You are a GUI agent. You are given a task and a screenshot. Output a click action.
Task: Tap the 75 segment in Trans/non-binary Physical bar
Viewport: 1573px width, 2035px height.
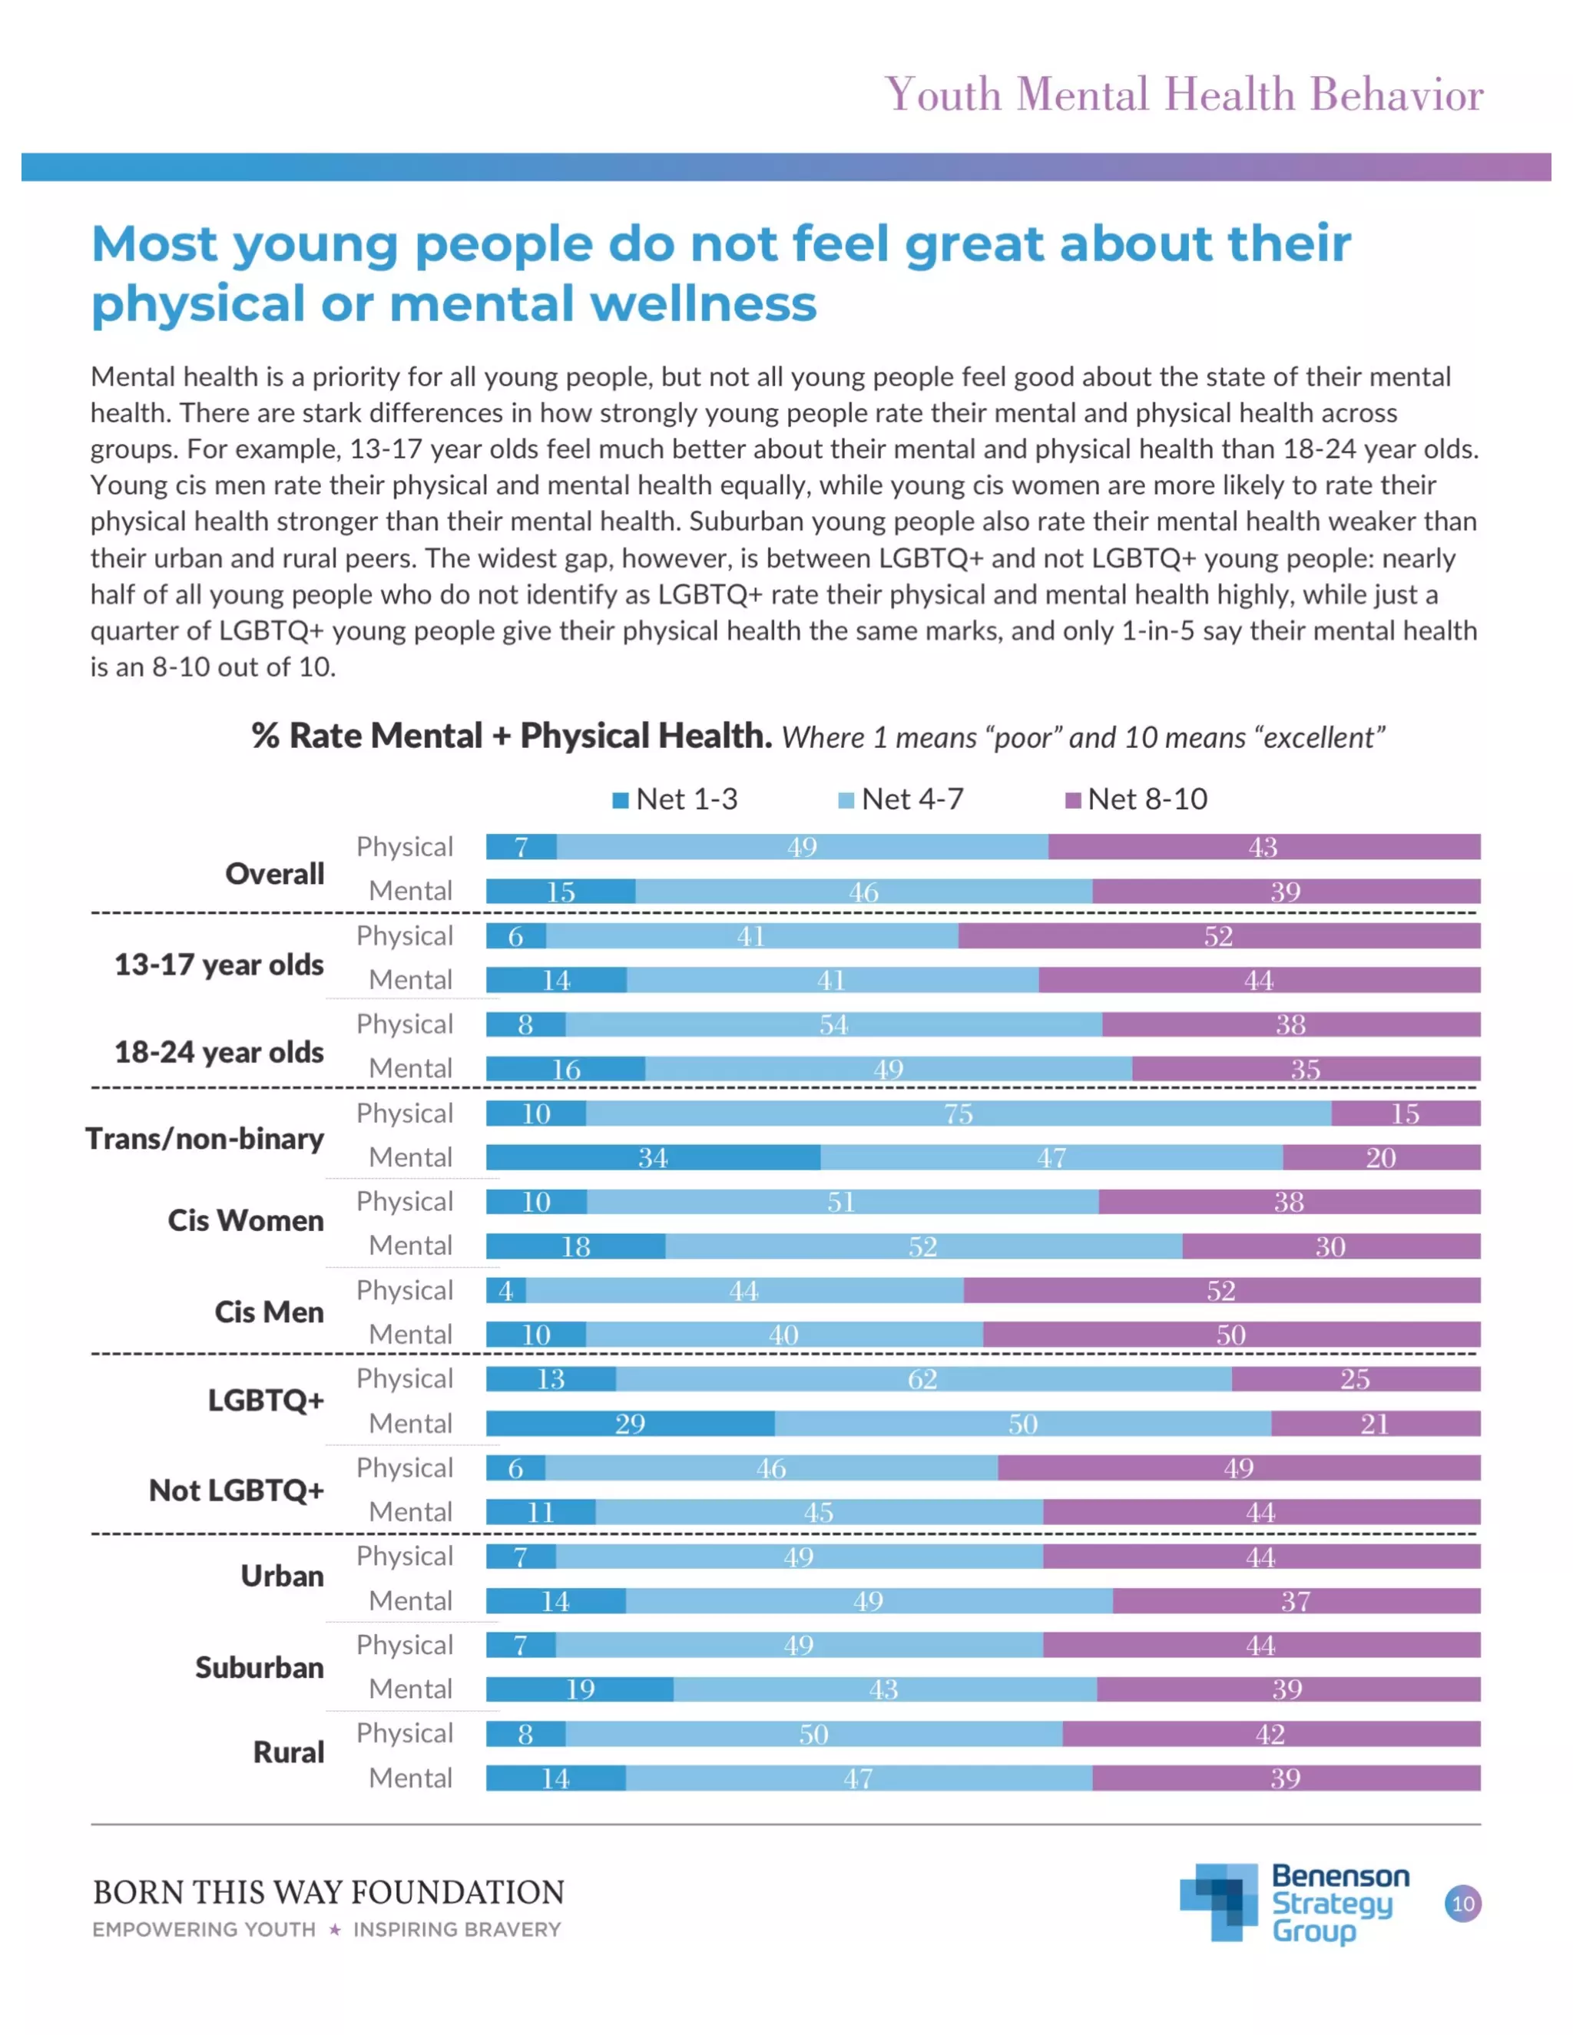[x=958, y=1113]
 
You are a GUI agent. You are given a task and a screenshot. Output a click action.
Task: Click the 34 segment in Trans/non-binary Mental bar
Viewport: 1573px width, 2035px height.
[x=652, y=1158]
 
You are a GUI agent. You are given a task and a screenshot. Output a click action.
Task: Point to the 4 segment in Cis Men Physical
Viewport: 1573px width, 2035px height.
[x=506, y=1292]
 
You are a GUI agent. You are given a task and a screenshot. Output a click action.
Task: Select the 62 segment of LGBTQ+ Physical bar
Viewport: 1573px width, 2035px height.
[x=922, y=1380]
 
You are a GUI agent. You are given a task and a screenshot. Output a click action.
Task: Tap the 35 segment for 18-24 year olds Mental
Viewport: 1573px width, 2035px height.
[x=1306, y=1070]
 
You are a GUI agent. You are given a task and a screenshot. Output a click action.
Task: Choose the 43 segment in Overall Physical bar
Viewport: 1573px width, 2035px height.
[x=1263, y=848]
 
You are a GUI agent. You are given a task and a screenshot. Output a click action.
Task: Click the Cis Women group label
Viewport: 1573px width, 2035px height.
[x=245, y=1221]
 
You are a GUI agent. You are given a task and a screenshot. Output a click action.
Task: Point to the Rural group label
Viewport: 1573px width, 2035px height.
[x=289, y=1752]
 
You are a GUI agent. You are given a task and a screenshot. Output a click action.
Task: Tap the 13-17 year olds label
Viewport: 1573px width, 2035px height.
[x=218, y=965]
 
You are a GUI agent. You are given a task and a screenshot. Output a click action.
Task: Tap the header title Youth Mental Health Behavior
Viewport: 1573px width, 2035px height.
[x=1184, y=95]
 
